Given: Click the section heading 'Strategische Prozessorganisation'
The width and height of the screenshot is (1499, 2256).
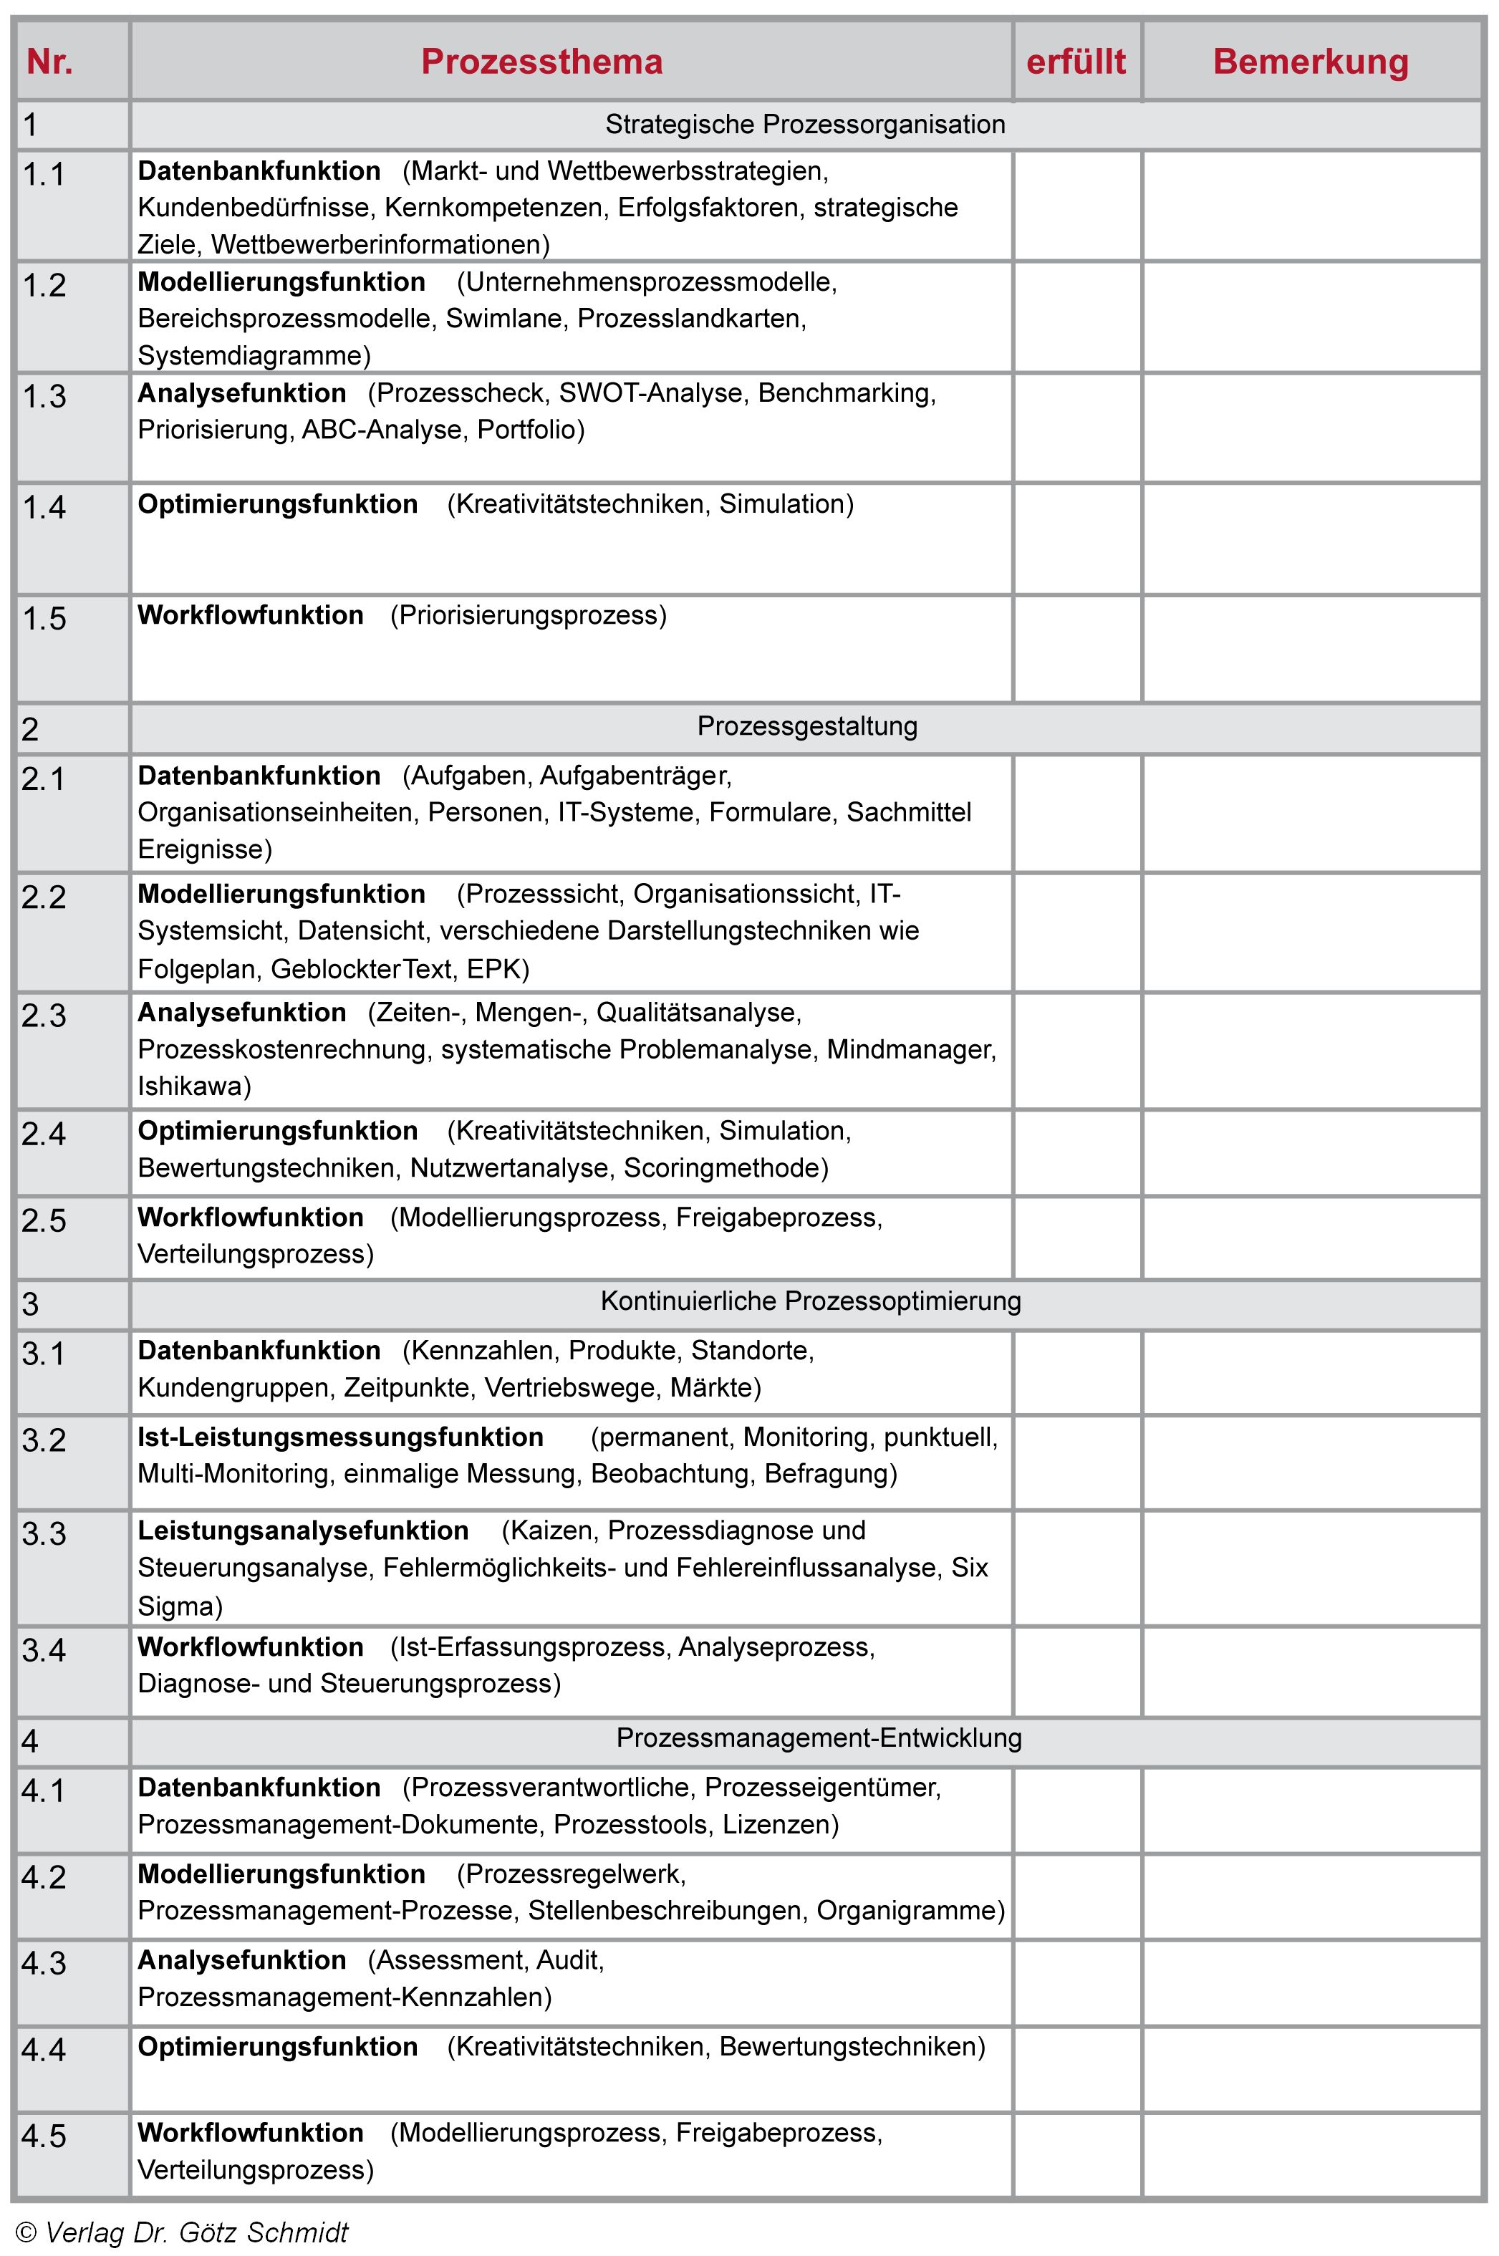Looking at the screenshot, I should coord(805,125).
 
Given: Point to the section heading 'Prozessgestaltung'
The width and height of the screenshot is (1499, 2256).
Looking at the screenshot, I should coord(807,726).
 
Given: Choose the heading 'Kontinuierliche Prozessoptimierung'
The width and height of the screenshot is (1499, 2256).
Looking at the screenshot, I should coord(811,1301).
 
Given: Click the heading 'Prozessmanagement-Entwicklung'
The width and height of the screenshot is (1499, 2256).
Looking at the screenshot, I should coord(819,1738).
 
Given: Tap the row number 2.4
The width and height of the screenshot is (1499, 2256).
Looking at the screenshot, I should coord(44,1134).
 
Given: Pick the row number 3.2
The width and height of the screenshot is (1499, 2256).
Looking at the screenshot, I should coord(44,1440).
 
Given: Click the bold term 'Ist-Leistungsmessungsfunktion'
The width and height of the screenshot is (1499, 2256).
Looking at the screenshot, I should coord(340,1437).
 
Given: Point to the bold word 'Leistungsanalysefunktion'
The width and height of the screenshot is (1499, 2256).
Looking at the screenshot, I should coord(303,1530).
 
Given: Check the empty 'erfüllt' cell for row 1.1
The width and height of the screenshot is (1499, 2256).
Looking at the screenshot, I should coord(1077,206).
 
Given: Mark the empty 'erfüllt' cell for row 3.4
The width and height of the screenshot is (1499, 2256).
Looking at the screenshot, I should coord(1077,1670).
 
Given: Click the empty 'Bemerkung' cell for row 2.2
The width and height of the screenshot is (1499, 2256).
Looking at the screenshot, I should coord(1311,932).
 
